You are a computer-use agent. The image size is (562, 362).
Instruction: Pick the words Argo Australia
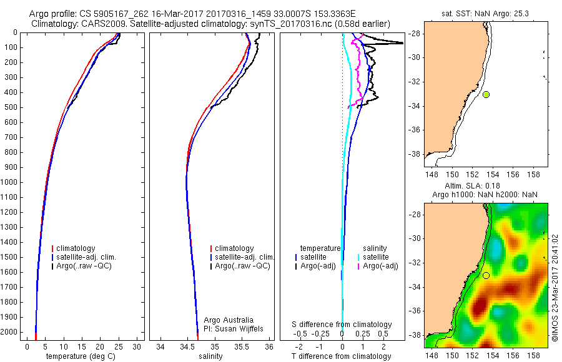coord(229,320)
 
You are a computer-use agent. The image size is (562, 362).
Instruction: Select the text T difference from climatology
coord(342,356)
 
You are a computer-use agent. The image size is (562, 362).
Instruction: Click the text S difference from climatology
coord(342,325)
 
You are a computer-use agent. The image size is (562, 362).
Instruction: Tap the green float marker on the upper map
coord(486,94)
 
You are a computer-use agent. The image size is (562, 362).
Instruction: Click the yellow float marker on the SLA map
coord(486,275)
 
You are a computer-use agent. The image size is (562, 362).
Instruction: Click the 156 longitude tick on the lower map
coord(513,355)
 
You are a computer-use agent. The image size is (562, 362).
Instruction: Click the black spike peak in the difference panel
coord(402,42)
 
